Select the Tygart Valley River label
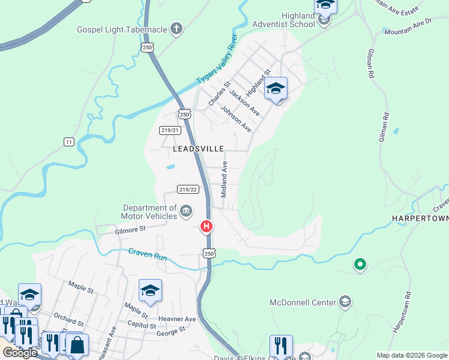point(217,61)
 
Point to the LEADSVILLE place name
point(199,148)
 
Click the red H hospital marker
point(206,226)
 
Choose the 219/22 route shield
point(188,190)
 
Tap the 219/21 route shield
point(170,130)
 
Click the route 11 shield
point(69,142)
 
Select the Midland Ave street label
point(224,179)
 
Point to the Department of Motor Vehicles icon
point(186,211)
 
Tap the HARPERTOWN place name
point(420,218)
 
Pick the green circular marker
point(360,264)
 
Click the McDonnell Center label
point(303,302)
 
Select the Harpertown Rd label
point(401,313)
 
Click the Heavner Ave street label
point(177,319)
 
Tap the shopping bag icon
point(77,345)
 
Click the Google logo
point(20,353)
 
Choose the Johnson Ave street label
point(235,119)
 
